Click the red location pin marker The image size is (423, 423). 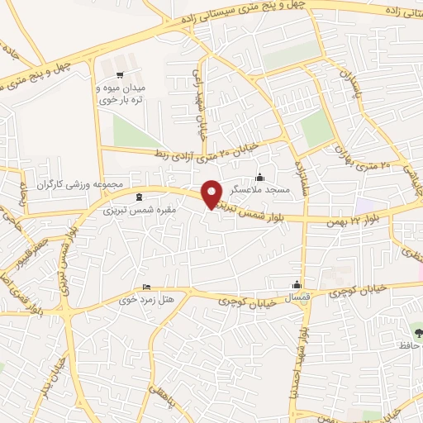[x=213, y=193]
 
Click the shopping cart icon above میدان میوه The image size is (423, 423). [x=121, y=74]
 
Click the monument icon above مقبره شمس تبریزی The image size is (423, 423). [x=137, y=197]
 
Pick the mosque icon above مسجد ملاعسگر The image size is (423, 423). [x=260, y=176]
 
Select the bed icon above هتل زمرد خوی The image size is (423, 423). [x=147, y=287]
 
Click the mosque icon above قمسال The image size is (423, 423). [x=297, y=284]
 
